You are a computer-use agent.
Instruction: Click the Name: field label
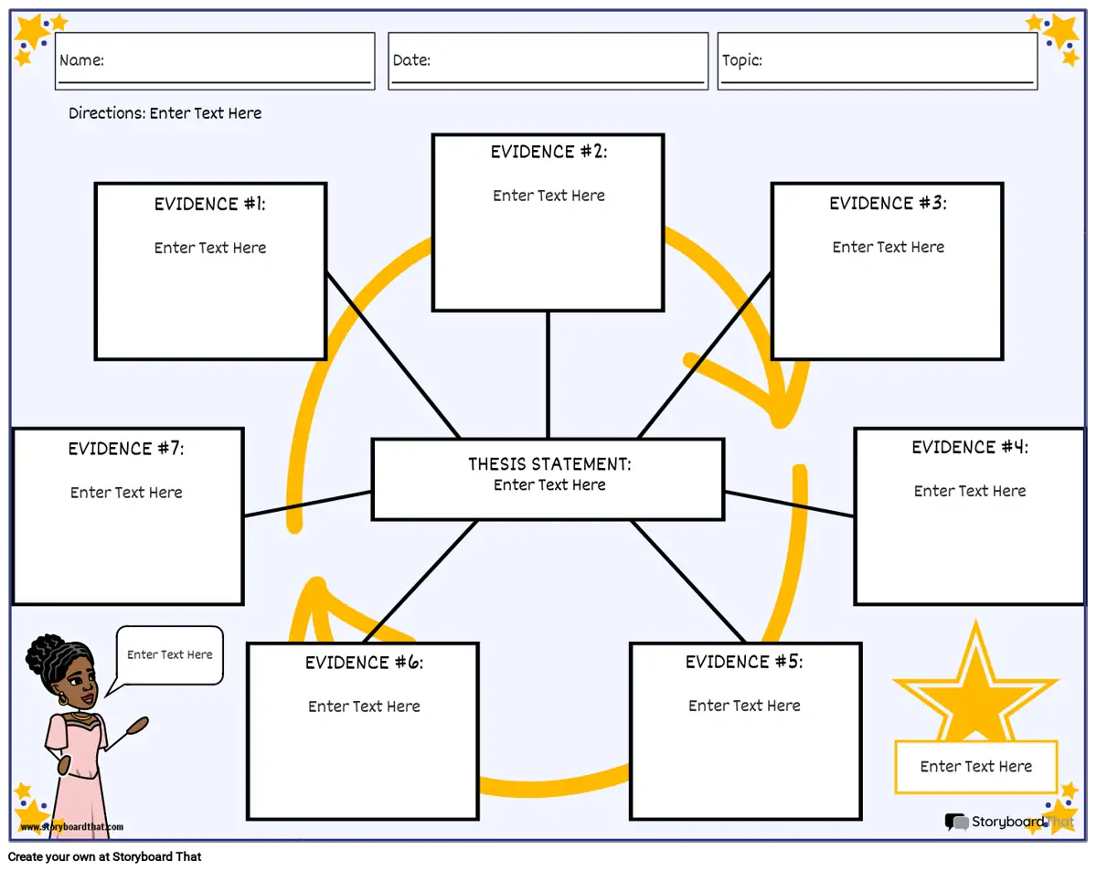tap(81, 60)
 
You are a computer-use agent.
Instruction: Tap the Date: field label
tap(411, 60)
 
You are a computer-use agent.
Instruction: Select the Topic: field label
tap(741, 60)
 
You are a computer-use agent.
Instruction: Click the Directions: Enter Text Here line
tap(165, 112)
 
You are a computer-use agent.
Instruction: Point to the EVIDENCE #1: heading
tap(209, 204)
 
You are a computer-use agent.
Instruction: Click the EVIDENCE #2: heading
tap(548, 152)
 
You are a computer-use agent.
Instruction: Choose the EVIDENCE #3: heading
tap(888, 203)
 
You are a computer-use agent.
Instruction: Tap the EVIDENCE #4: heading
tap(970, 447)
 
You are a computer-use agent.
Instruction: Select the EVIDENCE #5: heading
tap(743, 662)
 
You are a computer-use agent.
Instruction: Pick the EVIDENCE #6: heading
tap(364, 663)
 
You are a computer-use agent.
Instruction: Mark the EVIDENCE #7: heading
tap(126, 449)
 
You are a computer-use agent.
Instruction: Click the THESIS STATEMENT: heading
tap(549, 463)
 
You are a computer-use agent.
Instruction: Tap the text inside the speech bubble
tap(170, 654)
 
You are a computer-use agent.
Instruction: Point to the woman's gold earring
tap(63, 698)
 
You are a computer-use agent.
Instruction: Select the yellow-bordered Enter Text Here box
tap(975, 767)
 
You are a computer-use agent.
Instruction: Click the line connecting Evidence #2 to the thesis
tap(548, 375)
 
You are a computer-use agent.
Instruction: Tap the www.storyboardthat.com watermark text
tap(72, 826)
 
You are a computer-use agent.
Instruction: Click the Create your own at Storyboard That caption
tap(104, 856)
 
